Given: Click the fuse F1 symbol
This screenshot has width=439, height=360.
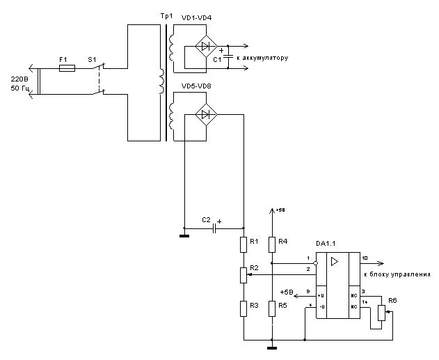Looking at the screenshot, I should (67, 69).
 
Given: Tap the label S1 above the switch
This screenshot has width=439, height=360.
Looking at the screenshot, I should (91, 60).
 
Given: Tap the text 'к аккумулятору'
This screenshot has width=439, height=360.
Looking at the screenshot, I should (262, 58).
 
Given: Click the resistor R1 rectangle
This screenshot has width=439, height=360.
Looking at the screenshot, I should (244, 244).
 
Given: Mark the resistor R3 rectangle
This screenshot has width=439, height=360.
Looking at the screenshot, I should (244, 307).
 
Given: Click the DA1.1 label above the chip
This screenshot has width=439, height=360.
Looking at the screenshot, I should (326, 244).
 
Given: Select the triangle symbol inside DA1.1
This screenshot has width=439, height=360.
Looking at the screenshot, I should (335, 262).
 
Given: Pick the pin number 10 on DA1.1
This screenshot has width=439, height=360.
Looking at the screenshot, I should (365, 258).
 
